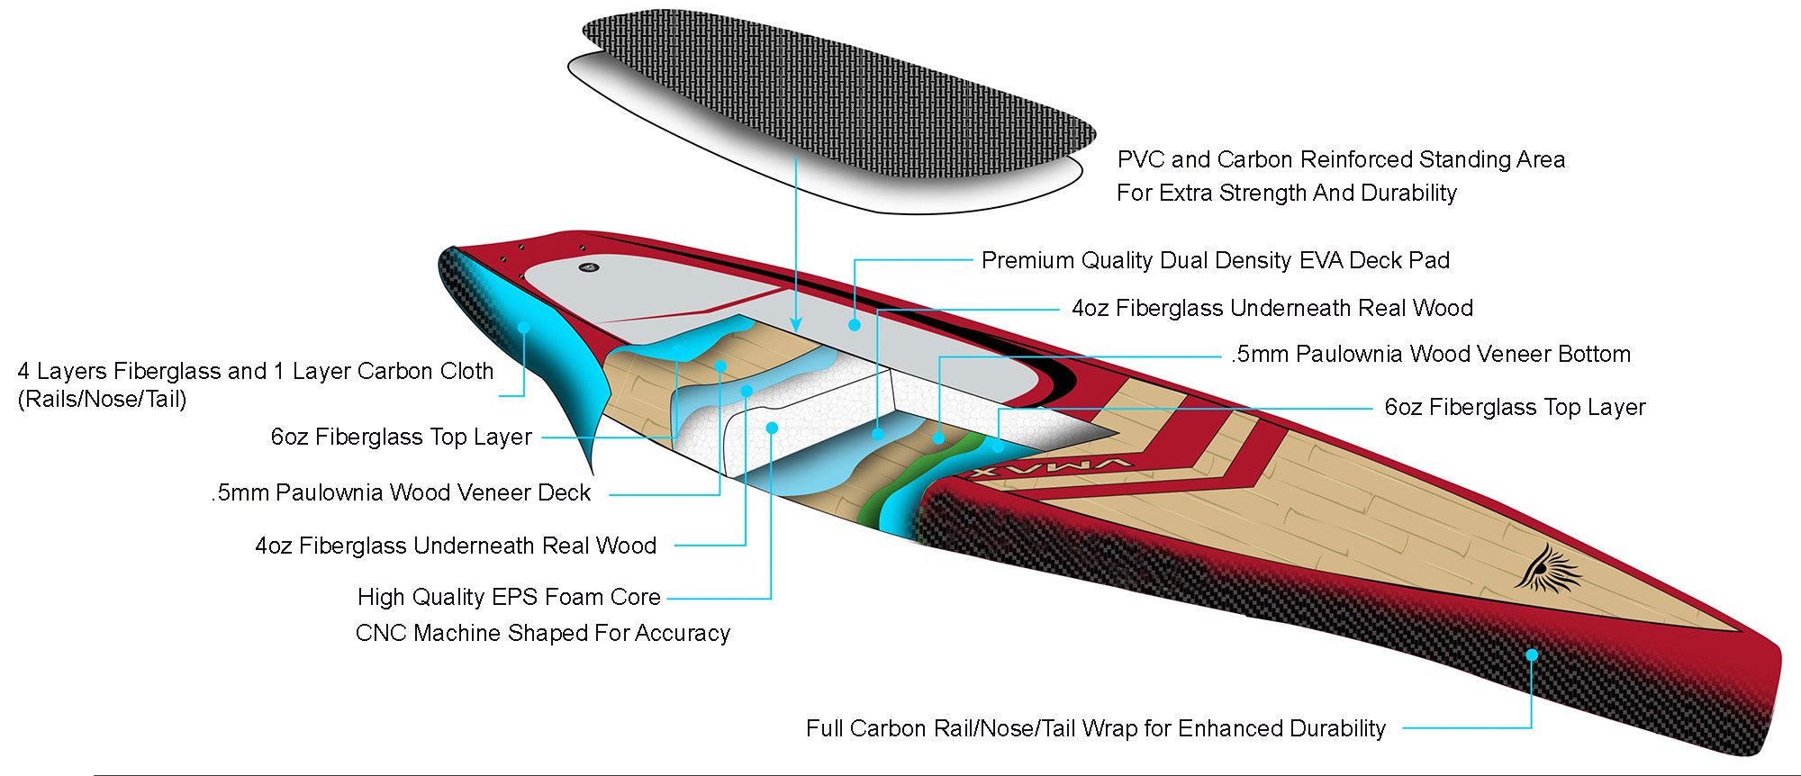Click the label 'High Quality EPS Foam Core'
point(509,597)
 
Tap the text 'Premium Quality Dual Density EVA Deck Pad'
point(1215,260)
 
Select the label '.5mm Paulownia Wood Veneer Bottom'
point(1430,354)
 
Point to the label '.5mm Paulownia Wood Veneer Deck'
point(401,492)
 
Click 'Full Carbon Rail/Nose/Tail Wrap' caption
point(1095,728)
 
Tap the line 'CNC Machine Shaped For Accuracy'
point(542,633)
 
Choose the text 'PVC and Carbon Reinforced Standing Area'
point(1340,159)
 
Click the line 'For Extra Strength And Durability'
point(1286,193)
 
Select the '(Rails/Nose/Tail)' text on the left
point(102,399)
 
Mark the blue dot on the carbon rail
point(1531,654)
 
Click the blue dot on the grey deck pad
point(854,324)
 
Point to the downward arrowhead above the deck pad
point(795,324)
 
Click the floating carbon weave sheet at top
point(837,99)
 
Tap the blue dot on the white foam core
point(772,428)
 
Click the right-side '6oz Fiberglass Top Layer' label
point(1514,407)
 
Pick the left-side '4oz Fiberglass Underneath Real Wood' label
point(456,546)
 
